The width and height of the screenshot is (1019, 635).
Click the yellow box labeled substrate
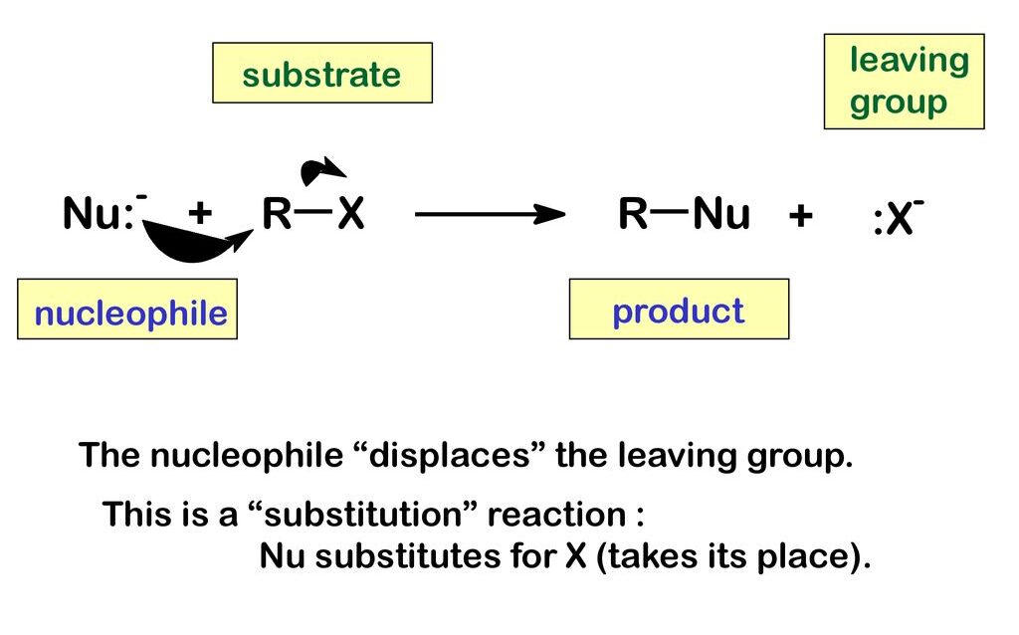pos(322,73)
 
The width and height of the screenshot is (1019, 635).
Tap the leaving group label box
pos(904,82)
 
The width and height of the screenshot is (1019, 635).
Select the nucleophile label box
pos(127,310)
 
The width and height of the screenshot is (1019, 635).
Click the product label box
pos(679,310)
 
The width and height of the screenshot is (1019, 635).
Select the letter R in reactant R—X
pos(277,213)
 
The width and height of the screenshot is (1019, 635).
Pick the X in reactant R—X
pos(350,213)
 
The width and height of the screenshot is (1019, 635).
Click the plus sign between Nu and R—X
pos(201,213)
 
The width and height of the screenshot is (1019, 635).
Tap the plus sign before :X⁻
pos(800,215)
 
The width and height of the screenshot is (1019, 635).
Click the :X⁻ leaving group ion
pos(897,219)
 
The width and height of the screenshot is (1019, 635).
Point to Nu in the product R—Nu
pos(721,214)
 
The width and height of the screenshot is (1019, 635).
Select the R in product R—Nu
pos(633,214)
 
